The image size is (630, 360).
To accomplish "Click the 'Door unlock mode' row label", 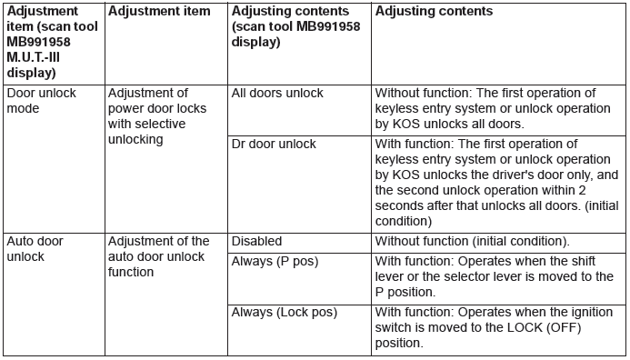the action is click(x=42, y=100).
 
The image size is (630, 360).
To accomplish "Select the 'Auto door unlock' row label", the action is click(x=35, y=249).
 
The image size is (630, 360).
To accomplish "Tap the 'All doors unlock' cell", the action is click(x=277, y=94).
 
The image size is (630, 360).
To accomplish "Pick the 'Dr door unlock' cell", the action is click(x=274, y=144).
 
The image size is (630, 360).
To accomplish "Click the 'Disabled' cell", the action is click(x=256, y=241).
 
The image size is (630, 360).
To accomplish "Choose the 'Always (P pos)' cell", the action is click(x=275, y=262).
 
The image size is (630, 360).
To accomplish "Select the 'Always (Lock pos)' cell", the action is click(x=284, y=312).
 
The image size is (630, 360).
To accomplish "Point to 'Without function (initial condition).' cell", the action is click(x=472, y=241).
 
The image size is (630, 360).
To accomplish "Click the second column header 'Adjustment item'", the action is click(x=159, y=11).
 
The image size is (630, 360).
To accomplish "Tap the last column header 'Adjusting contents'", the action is click(x=434, y=11).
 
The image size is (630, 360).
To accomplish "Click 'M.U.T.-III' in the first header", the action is click(x=34, y=57).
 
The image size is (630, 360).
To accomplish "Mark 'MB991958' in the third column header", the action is click(x=328, y=26).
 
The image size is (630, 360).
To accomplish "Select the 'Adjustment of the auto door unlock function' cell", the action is click(x=159, y=256).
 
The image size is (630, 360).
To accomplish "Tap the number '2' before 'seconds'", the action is click(x=582, y=190).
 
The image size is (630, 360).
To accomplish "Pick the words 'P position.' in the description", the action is click(x=405, y=292).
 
